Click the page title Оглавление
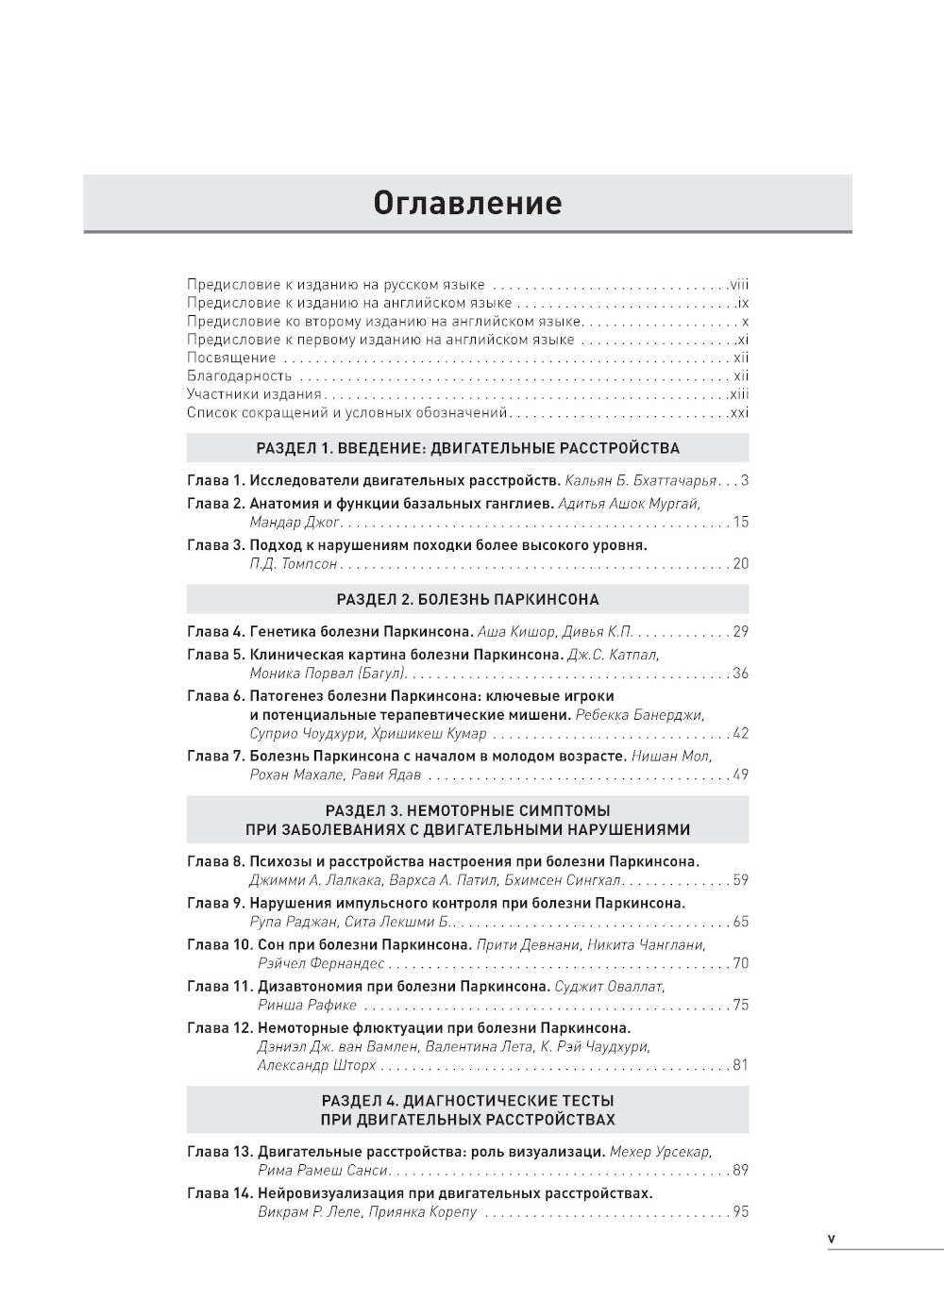click(x=467, y=203)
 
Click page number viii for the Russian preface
click(x=738, y=284)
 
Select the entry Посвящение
click(x=231, y=358)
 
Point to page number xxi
click(x=738, y=412)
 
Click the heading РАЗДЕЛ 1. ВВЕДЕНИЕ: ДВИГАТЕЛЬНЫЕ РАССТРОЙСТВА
click(x=467, y=448)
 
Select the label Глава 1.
click(x=215, y=480)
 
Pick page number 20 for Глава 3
click(x=740, y=563)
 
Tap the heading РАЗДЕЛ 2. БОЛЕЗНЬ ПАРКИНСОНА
click(x=467, y=599)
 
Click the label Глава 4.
click(x=215, y=631)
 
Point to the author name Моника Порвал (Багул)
click(x=328, y=673)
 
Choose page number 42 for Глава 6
click(x=740, y=733)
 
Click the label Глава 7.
click(x=215, y=756)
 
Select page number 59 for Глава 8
click(x=740, y=880)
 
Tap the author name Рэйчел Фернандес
click(x=321, y=963)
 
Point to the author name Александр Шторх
click(x=316, y=1065)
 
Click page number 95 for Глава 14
click(x=740, y=1212)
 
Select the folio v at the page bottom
click(x=831, y=1239)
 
